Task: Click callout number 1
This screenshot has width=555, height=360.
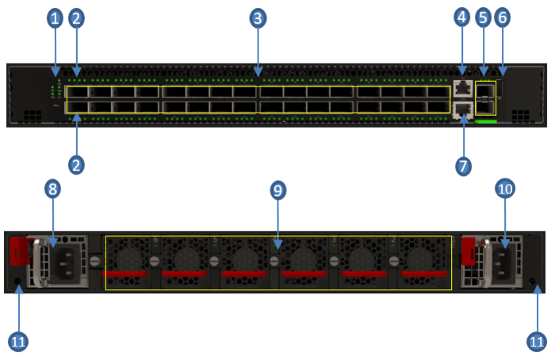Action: [x=55, y=17]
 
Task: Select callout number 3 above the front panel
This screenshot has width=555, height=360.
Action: [x=258, y=17]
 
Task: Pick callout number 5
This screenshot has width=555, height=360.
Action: [x=484, y=17]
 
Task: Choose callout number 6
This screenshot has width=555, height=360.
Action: [x=503, y=17]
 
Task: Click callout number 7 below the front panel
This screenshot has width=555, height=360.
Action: [x=464, y=166]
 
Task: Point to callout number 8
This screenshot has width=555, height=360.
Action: [x=52, y=189]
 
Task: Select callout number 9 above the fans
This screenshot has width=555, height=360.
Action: [x=277, y=190]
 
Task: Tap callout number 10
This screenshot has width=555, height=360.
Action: [x=505, y=189]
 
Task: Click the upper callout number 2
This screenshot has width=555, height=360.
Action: [x=75, y=17]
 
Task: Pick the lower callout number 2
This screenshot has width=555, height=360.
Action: [x=76, y=165]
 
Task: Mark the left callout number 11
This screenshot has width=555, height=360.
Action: [x=18, y=342]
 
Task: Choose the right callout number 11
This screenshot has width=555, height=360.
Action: [x=537, y=342]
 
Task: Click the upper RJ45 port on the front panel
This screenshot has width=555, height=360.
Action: [x=462, y=88]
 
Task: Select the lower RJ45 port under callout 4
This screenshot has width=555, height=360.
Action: [x=462, y=109]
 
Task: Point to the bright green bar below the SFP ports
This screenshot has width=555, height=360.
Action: [x=486, y=122]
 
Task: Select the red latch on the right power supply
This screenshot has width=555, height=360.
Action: [x=468, y=251]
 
